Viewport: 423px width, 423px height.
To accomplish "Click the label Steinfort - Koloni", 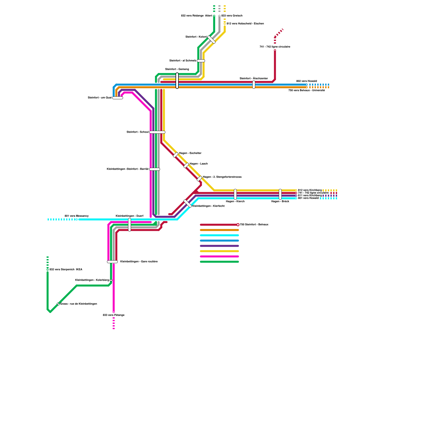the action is pyautogui.click(x=196, y=37).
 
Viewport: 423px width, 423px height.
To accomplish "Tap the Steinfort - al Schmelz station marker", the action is pyautogui.click(x=201, y=61).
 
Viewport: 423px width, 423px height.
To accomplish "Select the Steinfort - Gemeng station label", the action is pyautogui.click(x=177, y=69).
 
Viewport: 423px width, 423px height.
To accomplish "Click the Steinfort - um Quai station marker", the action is pyautogui.click(x=118, y=98).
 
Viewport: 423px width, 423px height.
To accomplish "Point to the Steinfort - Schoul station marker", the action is pyautogui.click(x=157, y=132).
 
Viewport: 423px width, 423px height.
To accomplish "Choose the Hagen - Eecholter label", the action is pyautogui.click(x=190, y=153).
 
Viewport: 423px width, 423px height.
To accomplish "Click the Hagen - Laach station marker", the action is pyautogui.click(x=186, y=165).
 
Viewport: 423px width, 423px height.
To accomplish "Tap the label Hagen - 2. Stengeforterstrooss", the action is pyautogui.click(x=222, y=177).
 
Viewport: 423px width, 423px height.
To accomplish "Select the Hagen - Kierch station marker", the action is pyautogui.click(x=235, y=194).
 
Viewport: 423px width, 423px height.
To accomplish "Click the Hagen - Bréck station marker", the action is pyautogui.click(x=280, y=194).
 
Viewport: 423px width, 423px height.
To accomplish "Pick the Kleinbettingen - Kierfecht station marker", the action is pyautogui.click(x=188, y=204).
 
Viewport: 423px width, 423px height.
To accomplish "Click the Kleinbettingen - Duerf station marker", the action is pyautogui.click(x=130, y=225).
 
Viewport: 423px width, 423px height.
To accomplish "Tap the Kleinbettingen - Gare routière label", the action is pyautogui.click(x=139, y=262).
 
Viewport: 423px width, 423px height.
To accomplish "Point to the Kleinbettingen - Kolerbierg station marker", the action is pyautogui.click(x=111, y=280).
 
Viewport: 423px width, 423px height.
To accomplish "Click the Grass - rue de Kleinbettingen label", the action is pyautogui.click(x=79, y=304).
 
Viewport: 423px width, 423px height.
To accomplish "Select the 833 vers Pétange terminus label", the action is pyautogui.click(x=113, y=315).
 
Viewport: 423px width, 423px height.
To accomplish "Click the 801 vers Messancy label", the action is pyautogui.click(x=77, y=216).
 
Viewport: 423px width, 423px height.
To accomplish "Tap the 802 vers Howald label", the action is pyautogui.click(x=306, y=81).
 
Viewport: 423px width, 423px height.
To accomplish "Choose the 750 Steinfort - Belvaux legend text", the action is pyautogui.click(x=254, y=225).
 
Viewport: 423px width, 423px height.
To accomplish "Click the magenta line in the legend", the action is pyautogui.click(x=219, y=256).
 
